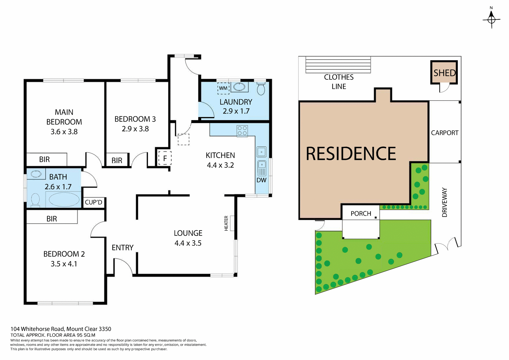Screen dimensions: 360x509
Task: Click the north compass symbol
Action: point(491,19)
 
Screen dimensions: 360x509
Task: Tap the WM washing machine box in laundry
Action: point(223,88)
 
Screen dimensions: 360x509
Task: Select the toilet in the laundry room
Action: point(261,89)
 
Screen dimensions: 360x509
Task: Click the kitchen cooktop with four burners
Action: point(242,131)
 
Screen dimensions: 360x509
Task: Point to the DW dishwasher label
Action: point(261,180)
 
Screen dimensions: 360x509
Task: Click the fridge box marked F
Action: point(165,158)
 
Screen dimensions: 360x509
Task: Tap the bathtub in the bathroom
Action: point(64,199)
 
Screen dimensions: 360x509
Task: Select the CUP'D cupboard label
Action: point(93,202)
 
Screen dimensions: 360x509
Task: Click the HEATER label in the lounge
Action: point(226,223)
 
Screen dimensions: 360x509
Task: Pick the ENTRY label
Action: point(122,248)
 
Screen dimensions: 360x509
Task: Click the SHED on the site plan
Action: point(444,73)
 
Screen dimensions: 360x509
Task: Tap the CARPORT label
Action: point(445,133)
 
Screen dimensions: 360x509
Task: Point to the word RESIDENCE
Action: point(351,154)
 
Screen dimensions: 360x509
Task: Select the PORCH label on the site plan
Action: point(361,214)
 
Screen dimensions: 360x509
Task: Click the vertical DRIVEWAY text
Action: point(445,202)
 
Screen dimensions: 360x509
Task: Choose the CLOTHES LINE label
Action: point(339,82)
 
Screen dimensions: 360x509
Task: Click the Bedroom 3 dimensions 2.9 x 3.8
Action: point(135,129)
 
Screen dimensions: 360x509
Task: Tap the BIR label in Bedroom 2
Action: point(52,219)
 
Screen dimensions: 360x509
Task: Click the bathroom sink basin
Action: point(36,174)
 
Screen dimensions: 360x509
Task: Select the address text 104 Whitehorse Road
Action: point(61,329)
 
